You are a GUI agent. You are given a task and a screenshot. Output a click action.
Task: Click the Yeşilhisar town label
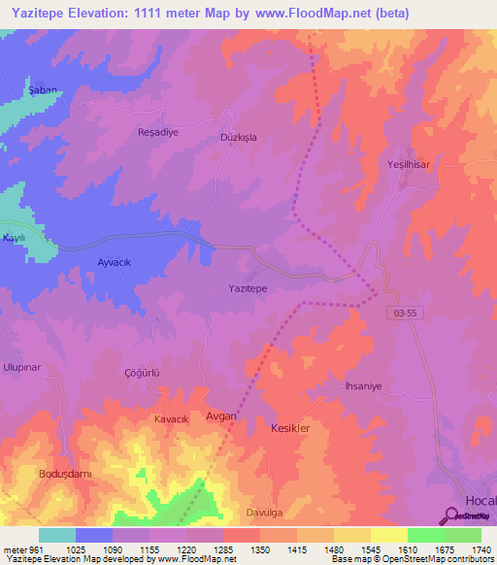(x=408, y=165)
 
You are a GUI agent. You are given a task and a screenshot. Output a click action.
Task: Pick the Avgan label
(x=221, y=415)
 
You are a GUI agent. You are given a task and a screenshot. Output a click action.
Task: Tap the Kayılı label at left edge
(x=12, y=238)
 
